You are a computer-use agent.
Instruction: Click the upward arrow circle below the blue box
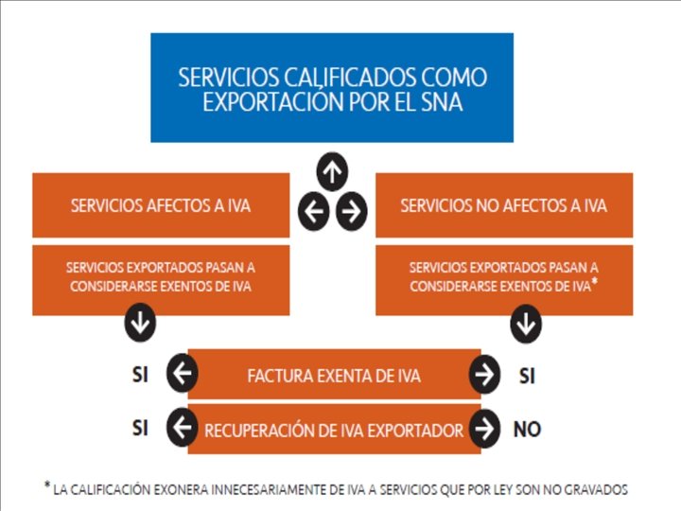(332, 171)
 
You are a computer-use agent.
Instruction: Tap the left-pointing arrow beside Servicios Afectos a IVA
(314, 210)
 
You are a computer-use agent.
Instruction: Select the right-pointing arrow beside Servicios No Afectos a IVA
(351, 210)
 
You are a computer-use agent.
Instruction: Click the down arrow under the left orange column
(140, 325)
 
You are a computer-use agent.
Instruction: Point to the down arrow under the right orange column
(526, 325)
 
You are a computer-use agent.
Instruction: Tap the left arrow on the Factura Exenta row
(182, 375)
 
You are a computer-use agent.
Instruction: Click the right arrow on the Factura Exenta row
(484, 375)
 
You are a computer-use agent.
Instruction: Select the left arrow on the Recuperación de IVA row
(182, 429)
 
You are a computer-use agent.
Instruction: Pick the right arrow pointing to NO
(484, 429)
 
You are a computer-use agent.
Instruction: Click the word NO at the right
(527, 430)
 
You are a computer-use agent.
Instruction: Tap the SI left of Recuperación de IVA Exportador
(140, 429)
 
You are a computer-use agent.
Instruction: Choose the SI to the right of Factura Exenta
(527, 376)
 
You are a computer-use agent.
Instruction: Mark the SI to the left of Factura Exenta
(140, 375)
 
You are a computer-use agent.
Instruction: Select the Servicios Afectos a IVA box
(161, 205)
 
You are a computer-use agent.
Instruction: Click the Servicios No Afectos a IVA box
(503, 205)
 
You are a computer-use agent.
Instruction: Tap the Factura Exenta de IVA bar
(333, 376)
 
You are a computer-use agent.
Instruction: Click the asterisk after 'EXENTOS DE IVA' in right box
(593, 281)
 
